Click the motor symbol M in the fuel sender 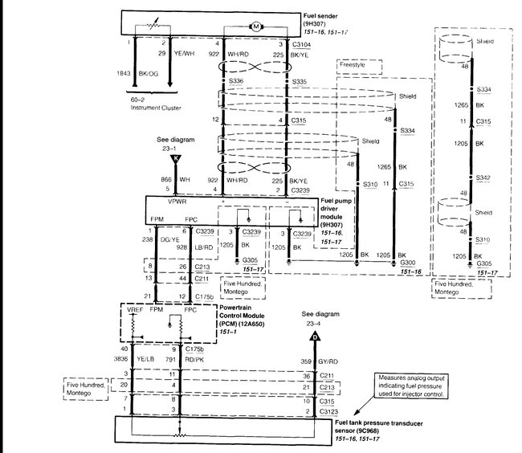coord(256,27)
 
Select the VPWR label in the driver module coord(168,203)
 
